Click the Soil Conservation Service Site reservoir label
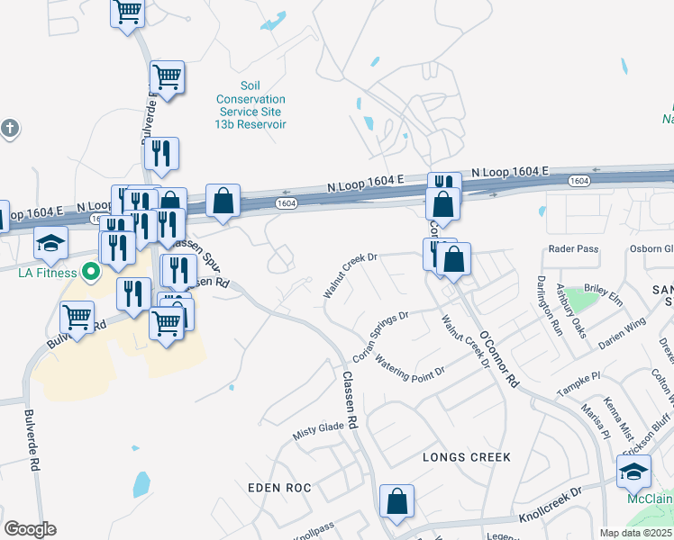pyautogui.click(x=250, y=105)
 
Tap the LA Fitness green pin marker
pyautogui.click(x=90, y=270)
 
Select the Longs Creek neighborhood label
pyautogui.click(x=467, y=457)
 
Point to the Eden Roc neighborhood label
pyautogui.click(x=279, y=488)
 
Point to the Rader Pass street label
pyautogui.click(x=573, y=249)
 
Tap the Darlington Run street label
pyautogui.click(x=551, y=305)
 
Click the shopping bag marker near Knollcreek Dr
pyautogui.click(x=396, y=502)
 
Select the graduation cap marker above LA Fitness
pyautogui.click(x=50, y=242)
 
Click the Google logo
pyautogui.click(x=30, y=529)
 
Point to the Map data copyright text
pyautogui.click(x=634, y=533)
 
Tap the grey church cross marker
pyautogui.click(x=10, y=128)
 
